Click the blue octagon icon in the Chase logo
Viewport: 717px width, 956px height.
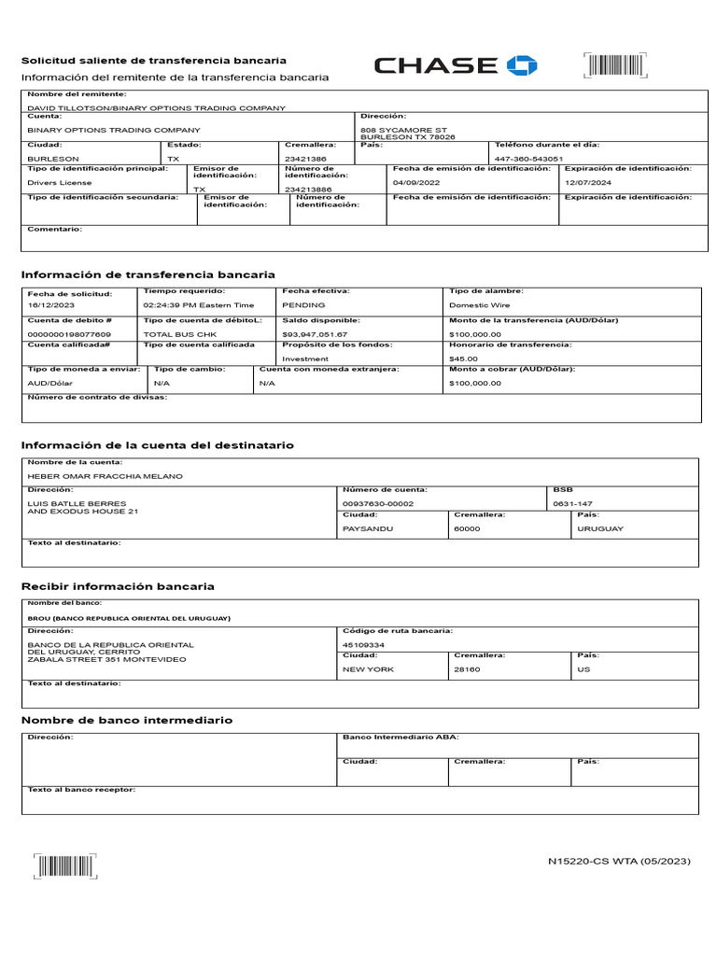[522, 65]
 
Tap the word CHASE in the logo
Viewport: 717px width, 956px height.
[436, 65]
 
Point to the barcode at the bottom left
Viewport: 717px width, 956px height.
[65, 866]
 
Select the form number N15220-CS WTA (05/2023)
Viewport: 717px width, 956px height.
[619, 861]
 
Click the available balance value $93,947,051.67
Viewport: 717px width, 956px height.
[315, 333]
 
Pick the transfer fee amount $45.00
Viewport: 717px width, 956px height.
[463, 358]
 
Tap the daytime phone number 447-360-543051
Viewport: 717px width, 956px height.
[528, 159]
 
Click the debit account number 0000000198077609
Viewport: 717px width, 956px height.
[69, 333]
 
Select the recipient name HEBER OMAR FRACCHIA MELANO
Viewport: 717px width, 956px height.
[105, 476]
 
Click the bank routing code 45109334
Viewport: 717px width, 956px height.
[363, 644]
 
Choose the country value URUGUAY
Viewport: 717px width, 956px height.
[600, 528]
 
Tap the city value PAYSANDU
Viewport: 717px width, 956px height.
[368, 528]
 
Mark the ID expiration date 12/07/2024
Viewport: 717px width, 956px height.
[589, 183]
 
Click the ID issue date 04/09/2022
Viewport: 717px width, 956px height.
[416, 183]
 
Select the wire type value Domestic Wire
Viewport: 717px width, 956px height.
[479, 305]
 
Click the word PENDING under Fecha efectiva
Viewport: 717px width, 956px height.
[303, 305]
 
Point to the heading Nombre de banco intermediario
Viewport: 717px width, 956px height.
[127, 720]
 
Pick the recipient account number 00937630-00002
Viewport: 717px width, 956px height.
[378, 503]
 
